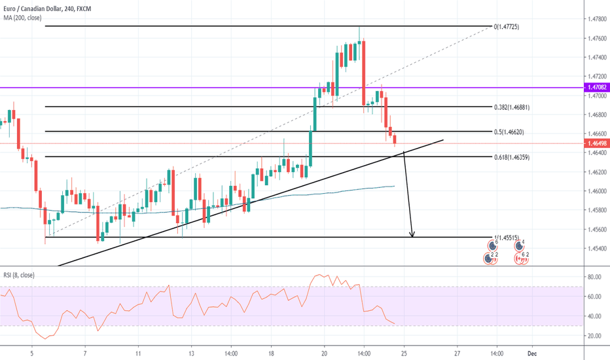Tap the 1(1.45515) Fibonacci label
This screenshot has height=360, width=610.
pos(508,238)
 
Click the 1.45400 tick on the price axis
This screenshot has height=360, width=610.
pos(596,249)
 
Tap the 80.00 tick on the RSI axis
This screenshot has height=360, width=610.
pos(594,277)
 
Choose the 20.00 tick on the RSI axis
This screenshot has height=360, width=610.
pos(594,336)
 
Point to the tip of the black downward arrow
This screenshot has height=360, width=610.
pos(412,236)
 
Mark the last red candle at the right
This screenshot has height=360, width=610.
pos(395,139)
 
